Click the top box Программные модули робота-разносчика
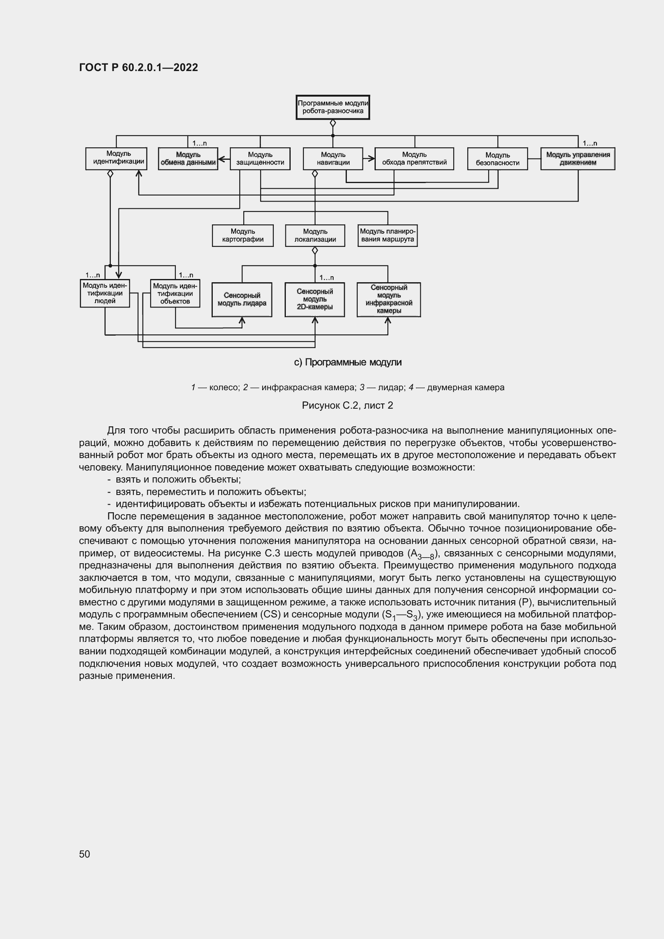[332, 107]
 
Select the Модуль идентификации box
[116, 158]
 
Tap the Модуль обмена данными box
[187, 159]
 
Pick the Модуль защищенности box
[260, 159]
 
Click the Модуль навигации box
[333, 159]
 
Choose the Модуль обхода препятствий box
[414, 159]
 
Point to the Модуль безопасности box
[497, 159]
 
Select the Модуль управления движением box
[577, 159]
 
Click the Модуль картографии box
[242, 236]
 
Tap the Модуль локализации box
[315, 236]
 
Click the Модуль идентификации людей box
[105, 293]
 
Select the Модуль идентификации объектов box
[175, 293]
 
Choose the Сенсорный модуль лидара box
[242, 299]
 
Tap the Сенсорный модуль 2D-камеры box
[314, 299]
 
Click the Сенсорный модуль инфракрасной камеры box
[389, 299]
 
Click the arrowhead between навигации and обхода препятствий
[372, 159]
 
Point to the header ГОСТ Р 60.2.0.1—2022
[138, 67]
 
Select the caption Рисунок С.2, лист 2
[347, 405]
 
